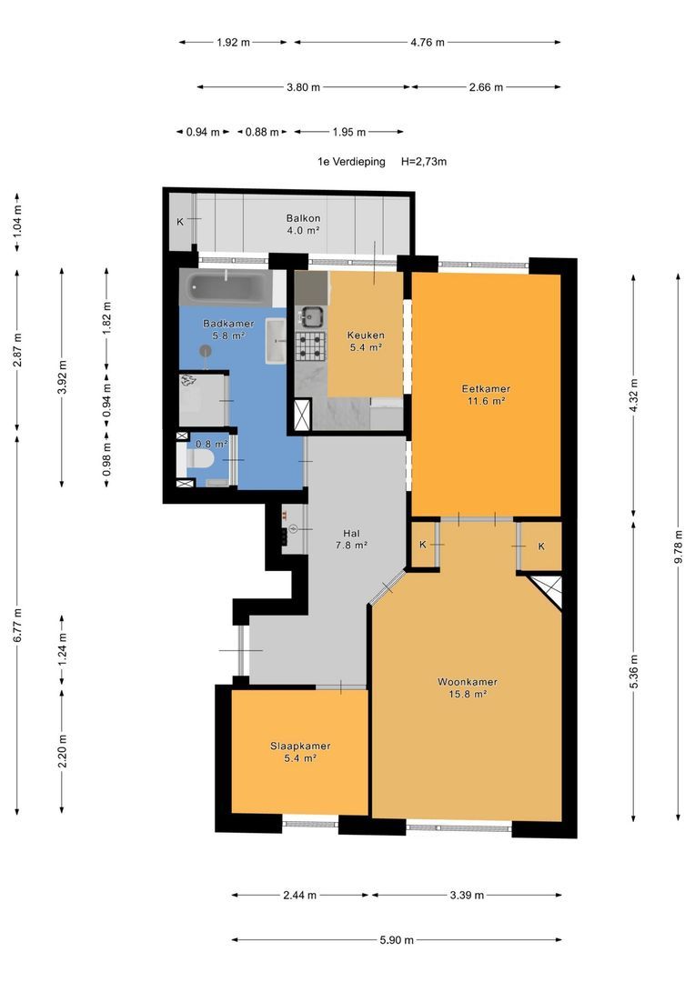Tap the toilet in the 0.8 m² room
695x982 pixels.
tap(200, 461)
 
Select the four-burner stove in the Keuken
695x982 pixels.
tap(311, 346)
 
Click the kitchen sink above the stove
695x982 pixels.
tap(311, 316)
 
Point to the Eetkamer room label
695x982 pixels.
tap(486, 388)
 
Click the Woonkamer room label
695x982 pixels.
tap(468, 682)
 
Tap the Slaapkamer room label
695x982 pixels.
tap(300, 746)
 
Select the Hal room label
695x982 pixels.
tap(351, 534)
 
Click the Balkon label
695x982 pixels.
tap(303, 218)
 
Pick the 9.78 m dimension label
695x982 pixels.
tap(678, 547)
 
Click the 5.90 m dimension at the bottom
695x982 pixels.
tap(397, 939)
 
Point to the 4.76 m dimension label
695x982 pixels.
tap(428, 43)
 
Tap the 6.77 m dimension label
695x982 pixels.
tap(17, 625)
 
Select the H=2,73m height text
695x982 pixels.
tap(424, 162)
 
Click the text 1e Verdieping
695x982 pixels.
tap(351, 162)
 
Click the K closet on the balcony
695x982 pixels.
tap(180, 222)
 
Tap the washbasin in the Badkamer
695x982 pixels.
tap(276, 341)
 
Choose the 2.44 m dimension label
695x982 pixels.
tap(299, 895)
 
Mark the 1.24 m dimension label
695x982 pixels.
tap(62, 650)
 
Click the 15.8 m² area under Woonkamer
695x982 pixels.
tap(468, 694)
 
